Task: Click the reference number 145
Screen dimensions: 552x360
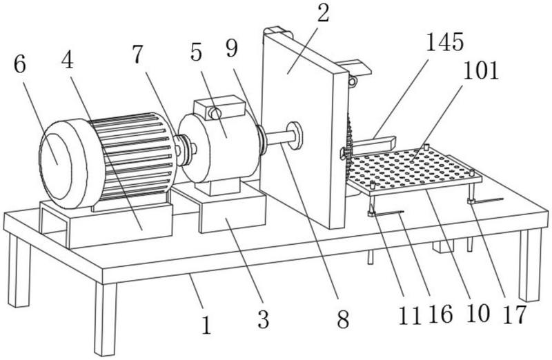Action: point(444,42)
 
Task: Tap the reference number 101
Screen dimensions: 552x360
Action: point(481,70)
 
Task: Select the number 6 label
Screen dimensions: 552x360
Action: point(20,64)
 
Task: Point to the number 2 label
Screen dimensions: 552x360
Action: point(323,12)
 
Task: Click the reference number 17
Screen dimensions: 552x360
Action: point(515,314)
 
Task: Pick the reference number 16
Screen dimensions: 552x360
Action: point(441,314)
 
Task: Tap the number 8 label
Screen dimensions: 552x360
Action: point(343,319)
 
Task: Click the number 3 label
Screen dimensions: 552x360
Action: point(263,319)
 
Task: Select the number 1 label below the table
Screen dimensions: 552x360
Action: point(206,325)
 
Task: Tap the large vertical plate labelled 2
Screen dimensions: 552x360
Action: point(304,130)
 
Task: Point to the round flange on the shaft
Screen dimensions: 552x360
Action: point(295,135)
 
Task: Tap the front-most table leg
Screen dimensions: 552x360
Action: point(105,319)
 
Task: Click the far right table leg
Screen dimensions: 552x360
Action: point(530,265)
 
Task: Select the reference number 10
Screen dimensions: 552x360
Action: point(477,314)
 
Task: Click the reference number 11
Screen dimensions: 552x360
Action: point(410,316)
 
